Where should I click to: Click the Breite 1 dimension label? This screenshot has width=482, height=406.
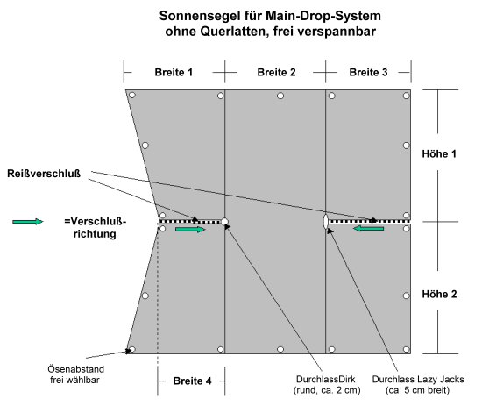pos(174,73)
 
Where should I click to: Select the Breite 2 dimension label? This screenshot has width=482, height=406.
pos(276,73)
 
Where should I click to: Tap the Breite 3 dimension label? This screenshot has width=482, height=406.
pos(368,73)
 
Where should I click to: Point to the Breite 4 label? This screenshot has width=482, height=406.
pos(192,381)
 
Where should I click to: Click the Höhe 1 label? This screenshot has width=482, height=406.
pos(439,153)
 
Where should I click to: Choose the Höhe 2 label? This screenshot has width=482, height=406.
pos(439,295)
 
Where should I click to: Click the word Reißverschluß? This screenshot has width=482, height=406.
pos(44,174)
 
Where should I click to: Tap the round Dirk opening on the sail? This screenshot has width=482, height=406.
pos(224,222)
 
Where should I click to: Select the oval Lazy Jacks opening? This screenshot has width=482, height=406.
pos(325,222)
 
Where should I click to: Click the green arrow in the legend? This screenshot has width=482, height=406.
pos(28,222)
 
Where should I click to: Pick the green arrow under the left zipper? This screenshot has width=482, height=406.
pos(190,230)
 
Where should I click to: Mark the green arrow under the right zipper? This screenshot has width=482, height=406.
pos(368,229)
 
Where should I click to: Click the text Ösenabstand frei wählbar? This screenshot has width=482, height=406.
pos(75,374)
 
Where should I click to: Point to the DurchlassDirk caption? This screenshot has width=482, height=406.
pos(327,384)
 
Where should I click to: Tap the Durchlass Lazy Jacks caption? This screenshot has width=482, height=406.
pos(418,384)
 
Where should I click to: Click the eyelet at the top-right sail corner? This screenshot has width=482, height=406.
pos(407,96)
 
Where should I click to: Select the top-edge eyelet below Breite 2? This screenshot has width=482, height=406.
pos(280,96)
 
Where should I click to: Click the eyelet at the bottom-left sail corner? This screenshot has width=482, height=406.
pos(132,349)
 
